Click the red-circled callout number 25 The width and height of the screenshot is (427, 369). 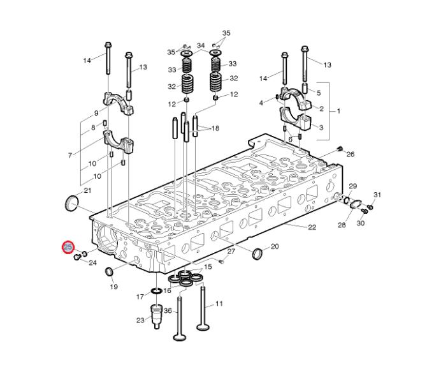coord(68,247)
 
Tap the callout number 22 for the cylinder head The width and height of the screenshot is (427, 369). coord(312,227)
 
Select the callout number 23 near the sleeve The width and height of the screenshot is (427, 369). coord(140,320)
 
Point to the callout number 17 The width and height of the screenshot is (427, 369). coord(140,296)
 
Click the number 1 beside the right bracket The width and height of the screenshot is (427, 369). coord(338,111)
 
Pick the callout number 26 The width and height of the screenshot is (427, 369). coord(351,154)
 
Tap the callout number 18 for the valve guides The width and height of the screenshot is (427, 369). coord(215,128)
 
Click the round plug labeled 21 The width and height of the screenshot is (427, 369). coord(72,203)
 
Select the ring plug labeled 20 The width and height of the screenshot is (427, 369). coord(258,254)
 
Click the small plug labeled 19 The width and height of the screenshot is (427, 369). coord(109,271)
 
